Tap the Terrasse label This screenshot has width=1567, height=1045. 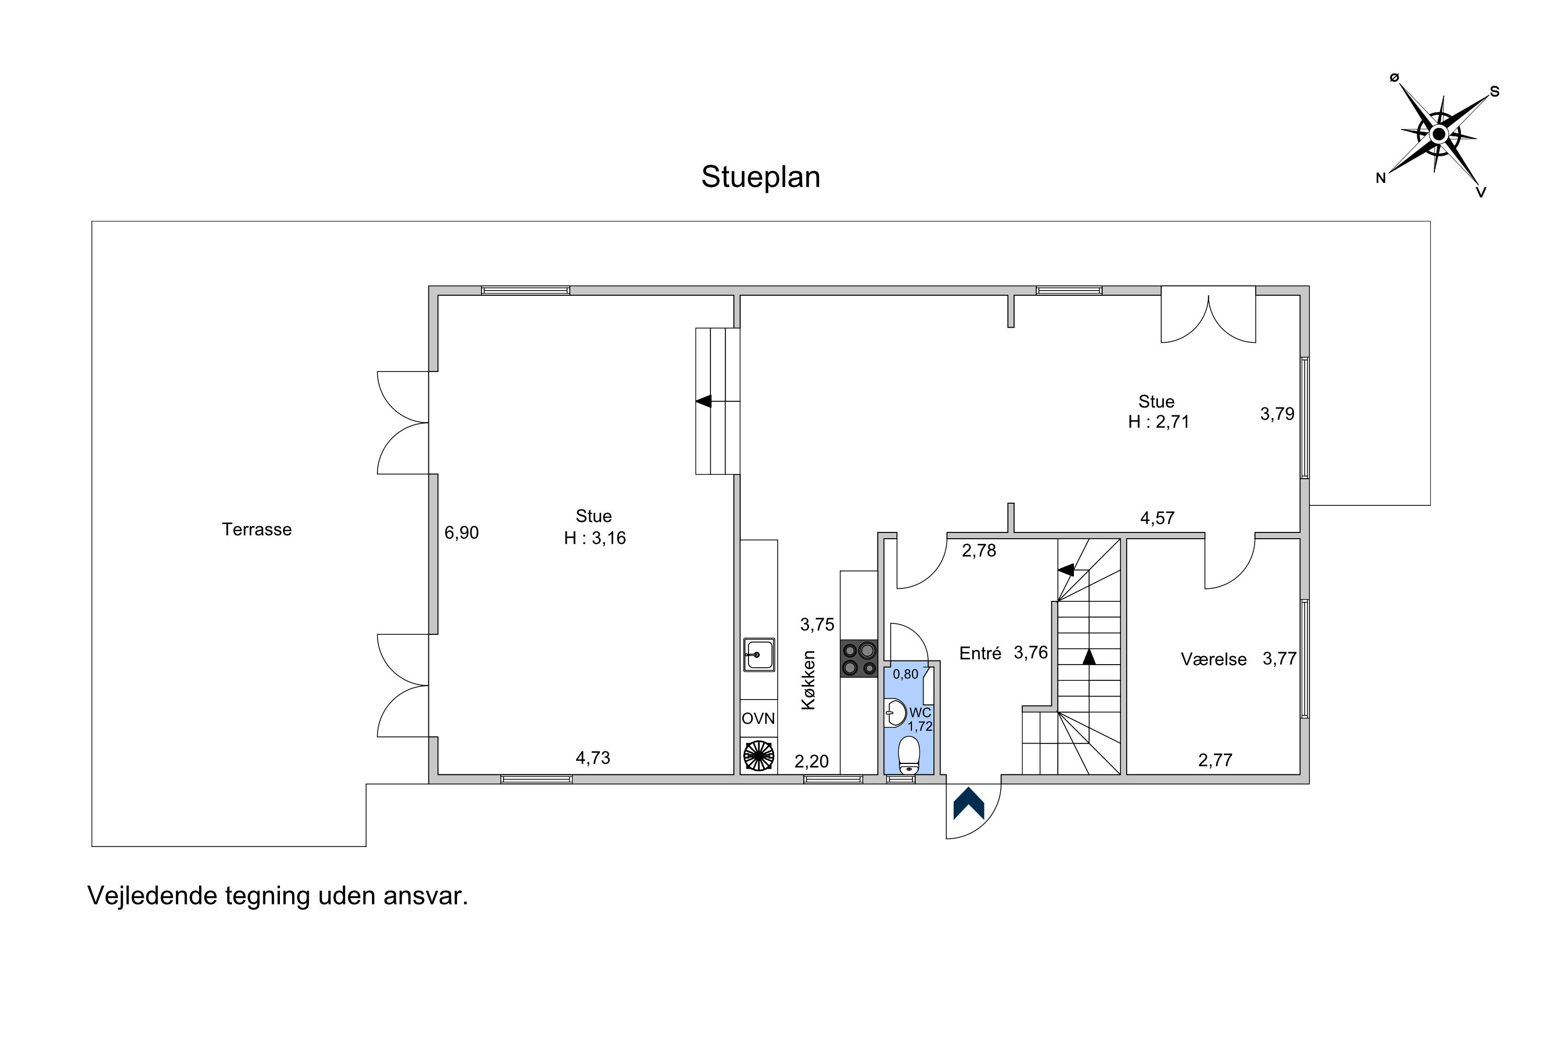tap(256, 529)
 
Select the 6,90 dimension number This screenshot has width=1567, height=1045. tap(462, 532)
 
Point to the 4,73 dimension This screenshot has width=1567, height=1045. tap(593, 758)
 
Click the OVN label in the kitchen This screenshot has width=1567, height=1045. tap(758, 718)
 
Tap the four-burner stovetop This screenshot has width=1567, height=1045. tap(859, 659)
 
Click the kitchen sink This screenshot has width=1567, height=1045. tap(759, 655)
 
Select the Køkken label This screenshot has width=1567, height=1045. tap(808, 680)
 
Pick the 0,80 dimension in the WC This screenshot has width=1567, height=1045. tap(905, 674)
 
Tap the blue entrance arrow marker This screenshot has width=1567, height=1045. tap(969, 803)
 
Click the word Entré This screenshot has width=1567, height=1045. tap(980, 653)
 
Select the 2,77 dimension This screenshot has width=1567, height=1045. tap(1215, 760)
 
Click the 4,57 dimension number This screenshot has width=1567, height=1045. tap(1157, 518)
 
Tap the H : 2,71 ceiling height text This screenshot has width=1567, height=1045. tap(1159, 422)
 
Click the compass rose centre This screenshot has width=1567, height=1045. tap(1439, 135)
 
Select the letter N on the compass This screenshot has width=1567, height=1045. tap(1381, 178)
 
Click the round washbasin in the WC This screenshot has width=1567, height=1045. tap(895, 713)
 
